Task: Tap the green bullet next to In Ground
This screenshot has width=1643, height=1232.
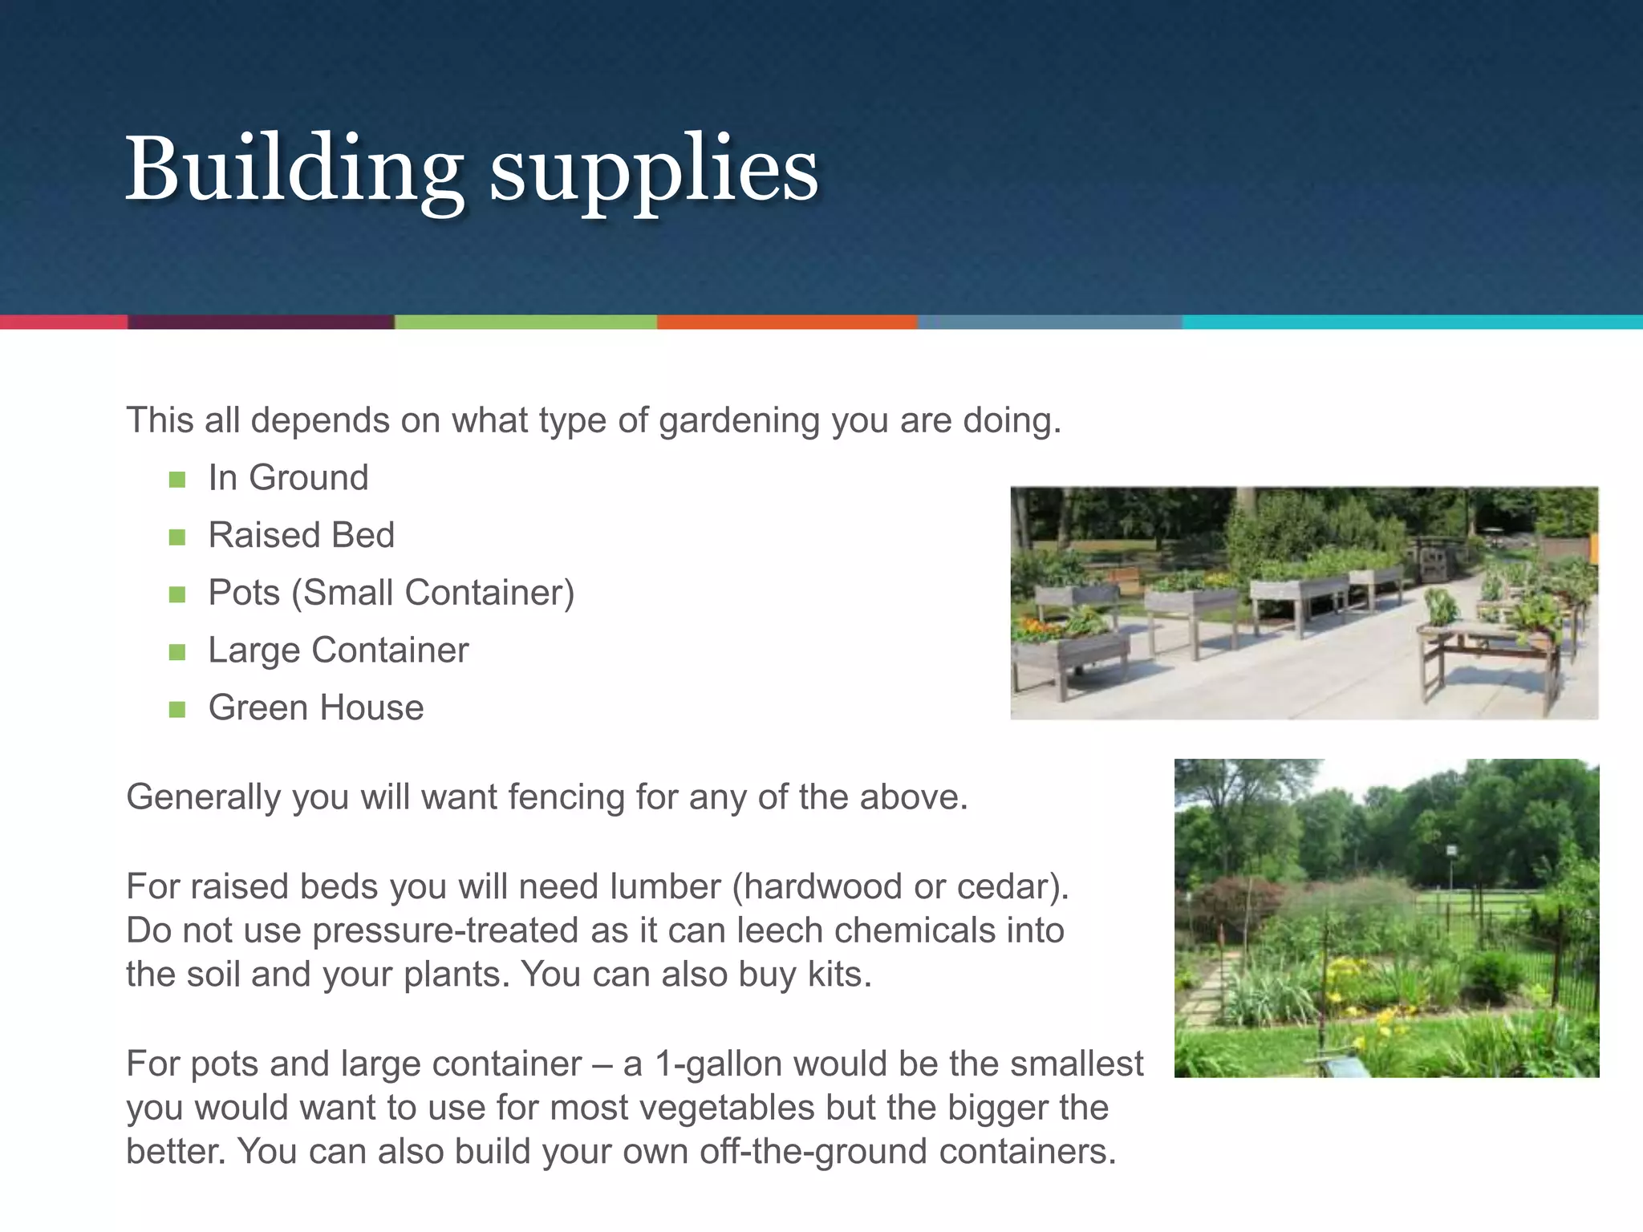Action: (x=177, y=480)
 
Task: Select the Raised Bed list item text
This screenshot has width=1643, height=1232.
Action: (x=301, y=535)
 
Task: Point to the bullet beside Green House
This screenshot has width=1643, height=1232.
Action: (x=177, y=709)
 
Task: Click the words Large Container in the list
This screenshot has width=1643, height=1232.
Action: (x=338, y=650)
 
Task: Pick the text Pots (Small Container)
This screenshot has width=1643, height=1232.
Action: (x=391, y=593)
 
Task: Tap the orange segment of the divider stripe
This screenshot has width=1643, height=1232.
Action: (x=786, y=322)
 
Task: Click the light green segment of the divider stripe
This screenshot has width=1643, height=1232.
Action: (x=525, y=322)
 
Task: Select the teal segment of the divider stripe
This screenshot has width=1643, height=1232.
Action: (x=1412, y=322)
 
